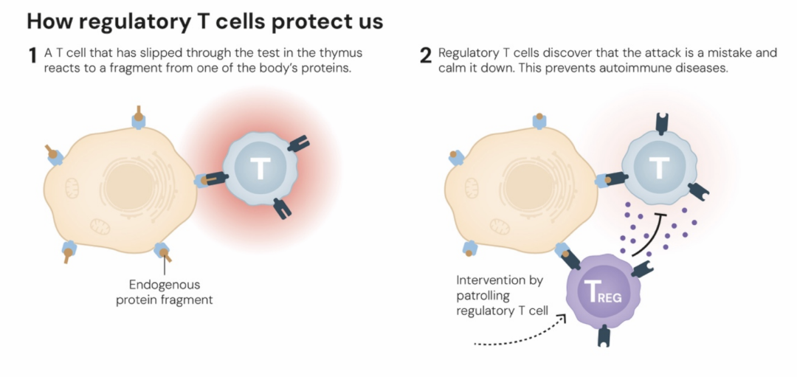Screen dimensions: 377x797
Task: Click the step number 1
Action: (x=32, y=56)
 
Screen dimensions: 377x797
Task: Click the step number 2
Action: (x=425, y=56)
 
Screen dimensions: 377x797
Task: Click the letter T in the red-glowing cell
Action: (x=259, y=169)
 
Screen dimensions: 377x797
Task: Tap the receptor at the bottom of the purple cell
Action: (x=604, y=335)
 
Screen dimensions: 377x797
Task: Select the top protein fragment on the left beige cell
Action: (x=138, y=116)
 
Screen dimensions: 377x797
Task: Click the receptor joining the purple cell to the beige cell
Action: (x=568, y=255)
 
